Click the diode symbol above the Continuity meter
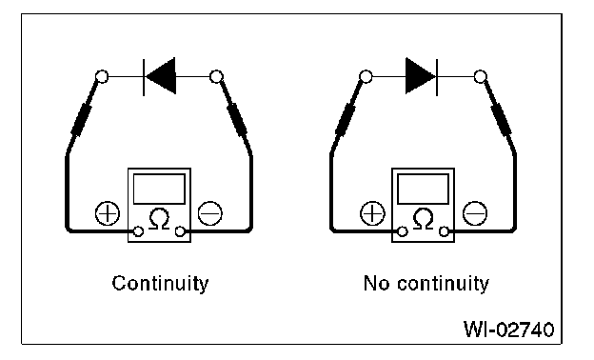pos(160,76)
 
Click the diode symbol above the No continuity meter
pos(422,76)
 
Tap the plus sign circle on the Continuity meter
pos(108,213)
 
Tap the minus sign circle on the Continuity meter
pos(209,213)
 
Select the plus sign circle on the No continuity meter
pos(372,213)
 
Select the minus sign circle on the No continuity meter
pos(475,213)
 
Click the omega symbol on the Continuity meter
pos(160,219)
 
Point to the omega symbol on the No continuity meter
pos(424,219)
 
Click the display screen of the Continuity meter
pos(160,189)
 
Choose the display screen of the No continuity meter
pos(424,189)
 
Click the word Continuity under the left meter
pos(160,284)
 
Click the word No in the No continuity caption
pos(377,283)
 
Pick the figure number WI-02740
pos(508,329)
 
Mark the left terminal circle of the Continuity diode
pos(102,76)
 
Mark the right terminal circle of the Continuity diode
pos(216,76)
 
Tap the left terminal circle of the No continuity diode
pos(366,76)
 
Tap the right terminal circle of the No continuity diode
pos(481,76)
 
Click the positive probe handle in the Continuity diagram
pos(82,120)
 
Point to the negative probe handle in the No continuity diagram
pos(501,120)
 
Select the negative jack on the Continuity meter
pos(180,231)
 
